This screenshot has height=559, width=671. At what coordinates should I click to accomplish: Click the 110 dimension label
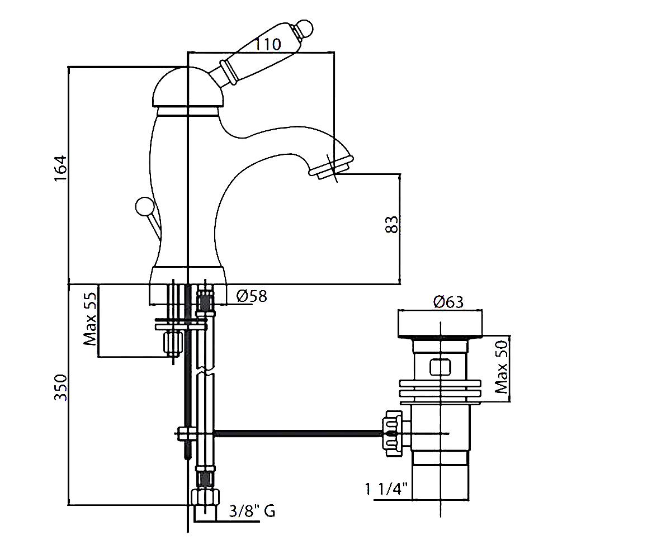(268, 44)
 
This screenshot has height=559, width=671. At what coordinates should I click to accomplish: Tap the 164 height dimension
(60, 168)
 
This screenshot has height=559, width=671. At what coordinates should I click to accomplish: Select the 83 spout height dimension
(391, 225)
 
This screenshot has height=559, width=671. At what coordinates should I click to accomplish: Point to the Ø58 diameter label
(252, 296)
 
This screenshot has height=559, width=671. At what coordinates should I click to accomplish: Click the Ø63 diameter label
(448, 302)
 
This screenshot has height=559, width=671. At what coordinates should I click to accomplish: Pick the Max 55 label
(89, 319)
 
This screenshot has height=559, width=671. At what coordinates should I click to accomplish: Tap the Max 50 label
(502, 367)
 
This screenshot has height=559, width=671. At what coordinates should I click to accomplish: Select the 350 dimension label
(61, 387)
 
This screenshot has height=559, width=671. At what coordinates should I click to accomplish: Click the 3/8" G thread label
(252, 511)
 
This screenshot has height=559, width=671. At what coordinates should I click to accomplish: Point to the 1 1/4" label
(386, 489)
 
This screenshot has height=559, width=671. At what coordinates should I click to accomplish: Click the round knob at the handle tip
(304, 29)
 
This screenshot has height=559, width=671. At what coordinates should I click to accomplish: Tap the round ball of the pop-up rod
(144, 206)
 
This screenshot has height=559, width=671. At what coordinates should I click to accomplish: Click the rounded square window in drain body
(440, 367)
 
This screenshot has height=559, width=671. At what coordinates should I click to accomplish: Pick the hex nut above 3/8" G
(205, 497)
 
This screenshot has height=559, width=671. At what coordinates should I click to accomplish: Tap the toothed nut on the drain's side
(393, 433)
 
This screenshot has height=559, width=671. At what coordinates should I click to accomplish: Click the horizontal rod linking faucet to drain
(298, 433)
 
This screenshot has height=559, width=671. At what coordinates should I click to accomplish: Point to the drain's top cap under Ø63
(440, 324)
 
